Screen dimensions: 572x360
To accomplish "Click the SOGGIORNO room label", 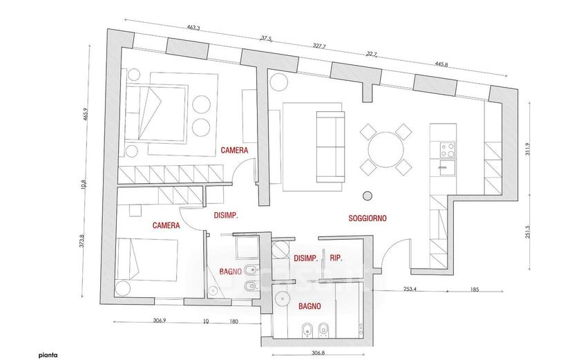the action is click(368, 218).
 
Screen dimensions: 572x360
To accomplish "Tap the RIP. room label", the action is click(336, 258).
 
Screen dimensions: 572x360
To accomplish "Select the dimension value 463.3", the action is click(193, 28).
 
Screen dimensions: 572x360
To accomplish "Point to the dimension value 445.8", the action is click(441, 64).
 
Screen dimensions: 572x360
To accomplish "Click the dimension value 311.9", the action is click(528, 149).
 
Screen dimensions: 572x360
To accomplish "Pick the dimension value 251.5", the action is click(528, 232).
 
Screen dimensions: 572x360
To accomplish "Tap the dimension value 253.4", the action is click(410, 290).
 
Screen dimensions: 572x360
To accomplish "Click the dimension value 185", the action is click(475, 290).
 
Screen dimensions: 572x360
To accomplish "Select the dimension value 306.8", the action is click(318, 353).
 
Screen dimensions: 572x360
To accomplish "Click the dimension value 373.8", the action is click(82, 241).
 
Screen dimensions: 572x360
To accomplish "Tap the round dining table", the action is click(386, 149).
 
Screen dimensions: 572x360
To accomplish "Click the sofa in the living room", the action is click(330, 147).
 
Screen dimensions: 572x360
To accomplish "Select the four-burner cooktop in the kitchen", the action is click(448, 150).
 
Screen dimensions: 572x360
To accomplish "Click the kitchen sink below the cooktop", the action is click(448, 167).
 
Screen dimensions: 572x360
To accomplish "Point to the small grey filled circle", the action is click(368, 196).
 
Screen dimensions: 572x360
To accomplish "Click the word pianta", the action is click(48, 355).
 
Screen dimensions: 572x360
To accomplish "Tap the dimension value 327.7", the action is click(319, 46).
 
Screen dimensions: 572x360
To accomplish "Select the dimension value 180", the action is click(233, 321).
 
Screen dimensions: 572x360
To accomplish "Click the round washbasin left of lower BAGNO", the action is click(281, 299).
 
